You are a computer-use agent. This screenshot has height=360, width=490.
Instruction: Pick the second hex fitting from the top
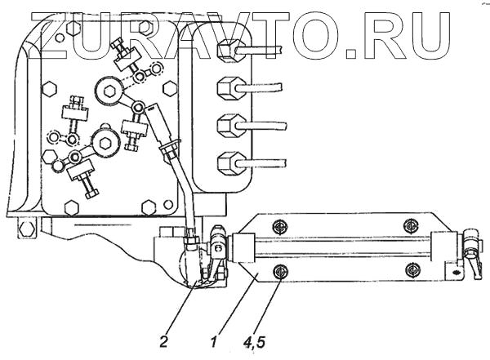229,87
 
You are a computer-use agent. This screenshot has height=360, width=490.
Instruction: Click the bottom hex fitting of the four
229,161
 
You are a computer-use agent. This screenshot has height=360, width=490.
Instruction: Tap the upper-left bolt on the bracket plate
280,225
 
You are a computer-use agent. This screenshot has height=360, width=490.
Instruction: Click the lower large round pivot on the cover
106,144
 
